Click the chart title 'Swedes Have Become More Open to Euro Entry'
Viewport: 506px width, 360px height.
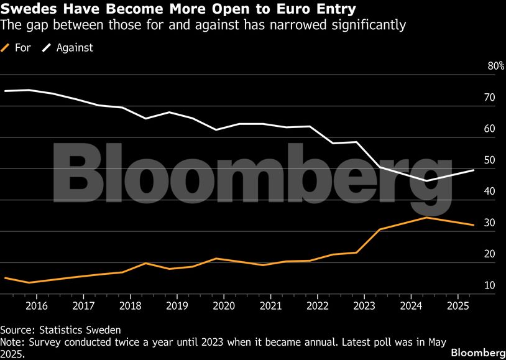click(x=178, y=9)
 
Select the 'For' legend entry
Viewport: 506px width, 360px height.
click(x=22, y=47)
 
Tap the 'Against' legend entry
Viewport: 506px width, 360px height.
click(x=73, y=47)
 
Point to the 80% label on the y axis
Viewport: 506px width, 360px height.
click(x=495, y=66)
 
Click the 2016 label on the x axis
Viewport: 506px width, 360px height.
click(x=37, y=306)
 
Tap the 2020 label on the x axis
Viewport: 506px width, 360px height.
click(x=224, y=306)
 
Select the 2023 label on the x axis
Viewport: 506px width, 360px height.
click(x=364, y=306)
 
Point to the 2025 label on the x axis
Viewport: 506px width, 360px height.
click(x=458, y=306)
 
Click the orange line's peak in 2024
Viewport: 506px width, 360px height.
click(x=426, y=217)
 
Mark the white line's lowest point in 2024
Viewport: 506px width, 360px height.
click(x=426, y=180)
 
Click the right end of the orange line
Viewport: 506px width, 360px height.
click(x=474, y=225)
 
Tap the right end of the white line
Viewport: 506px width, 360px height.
click(x=474, y=170)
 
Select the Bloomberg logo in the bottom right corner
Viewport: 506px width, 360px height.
click(x=477, y=352)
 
